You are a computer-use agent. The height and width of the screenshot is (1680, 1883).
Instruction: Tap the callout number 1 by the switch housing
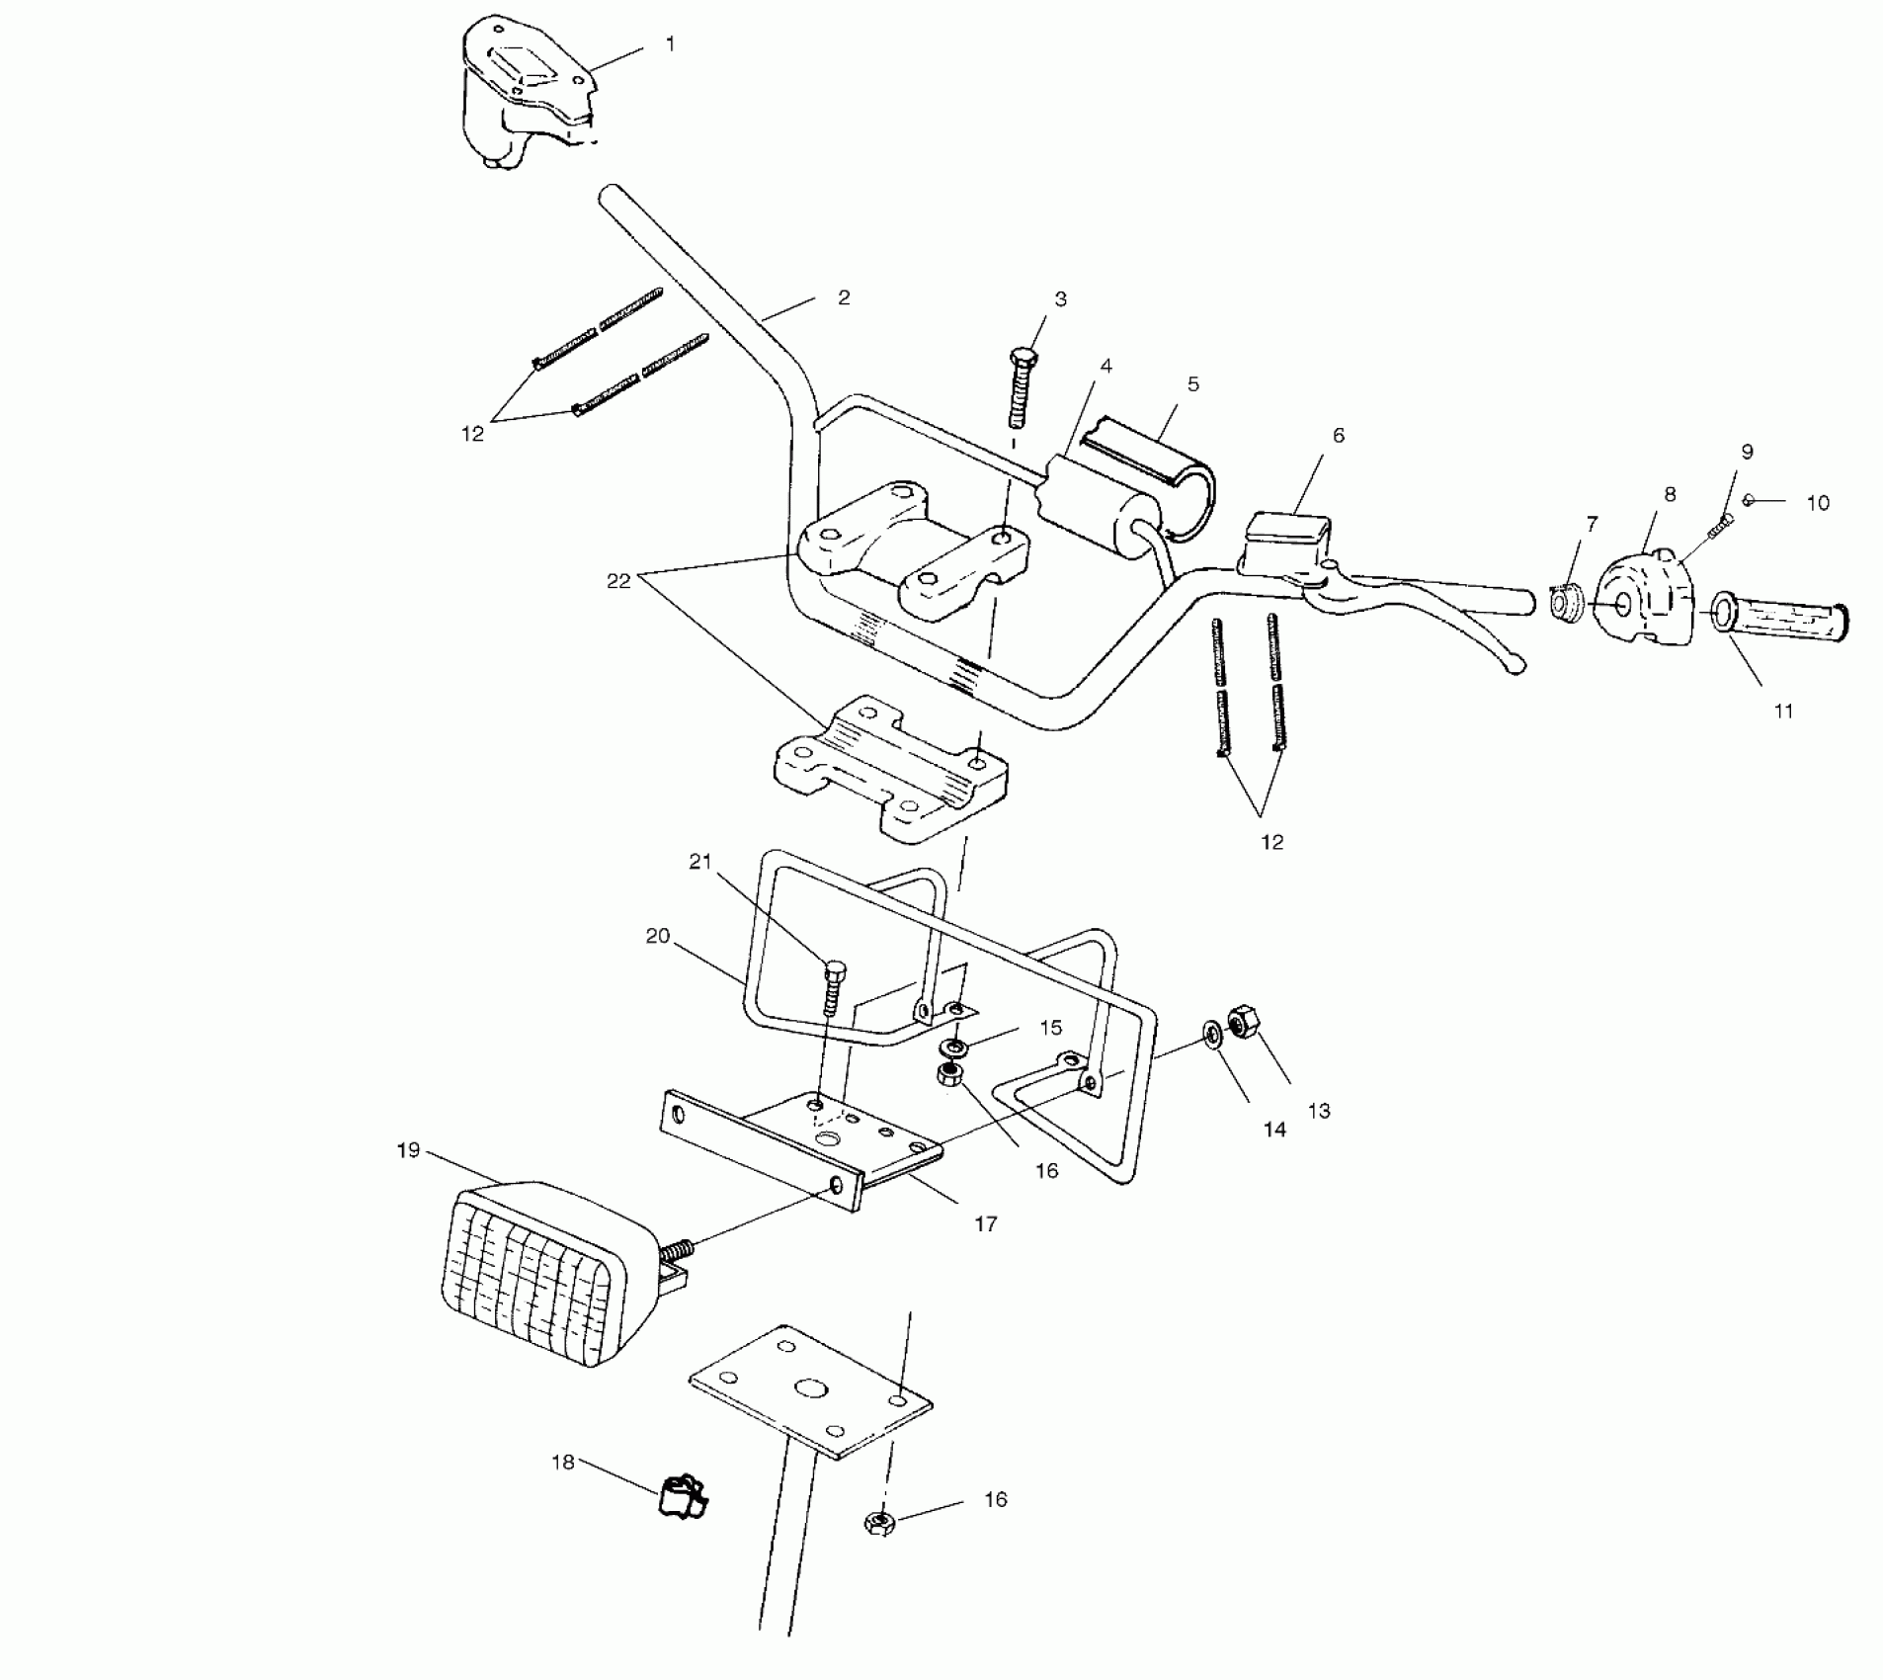click(671, 44)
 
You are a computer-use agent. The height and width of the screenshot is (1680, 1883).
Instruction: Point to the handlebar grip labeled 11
click(1778, 621)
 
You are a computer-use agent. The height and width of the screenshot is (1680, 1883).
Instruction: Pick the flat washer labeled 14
click(1211, 1034)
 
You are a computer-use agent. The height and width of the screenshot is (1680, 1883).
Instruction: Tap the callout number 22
click(618, 581)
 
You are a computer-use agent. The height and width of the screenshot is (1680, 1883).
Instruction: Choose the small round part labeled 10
click(1748, 501)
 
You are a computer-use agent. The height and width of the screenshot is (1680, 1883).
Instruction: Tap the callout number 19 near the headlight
click(408, 1150)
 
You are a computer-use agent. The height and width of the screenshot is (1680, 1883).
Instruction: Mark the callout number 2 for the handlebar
click(843, 297)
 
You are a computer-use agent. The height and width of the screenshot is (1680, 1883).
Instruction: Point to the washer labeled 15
click(955, 1046)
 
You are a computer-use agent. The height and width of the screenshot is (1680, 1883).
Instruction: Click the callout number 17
click(985, 1224)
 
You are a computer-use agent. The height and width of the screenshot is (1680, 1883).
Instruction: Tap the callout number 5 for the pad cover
click(1192, 383)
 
